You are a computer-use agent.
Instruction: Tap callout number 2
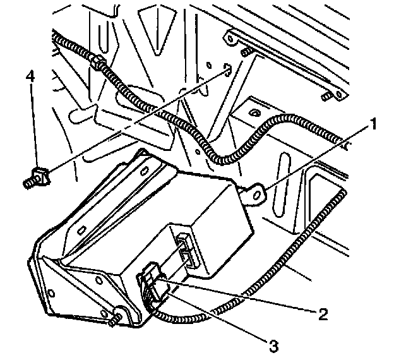pyautogui.click(x=323, y=313)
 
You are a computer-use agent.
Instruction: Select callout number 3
pyautogui.click(x=273, y=345)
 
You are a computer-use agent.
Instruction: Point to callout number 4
pyautogui.click(x=29, y=76)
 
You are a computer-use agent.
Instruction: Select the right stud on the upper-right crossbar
pyautogui.click(x=326, y=95)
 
